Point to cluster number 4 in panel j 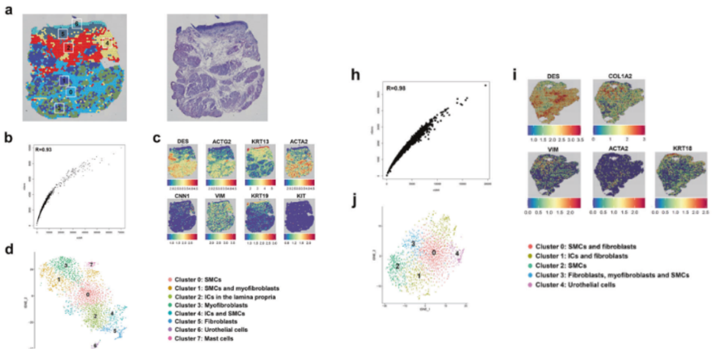pos(457,253)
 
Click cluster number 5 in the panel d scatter pos(115,331)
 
